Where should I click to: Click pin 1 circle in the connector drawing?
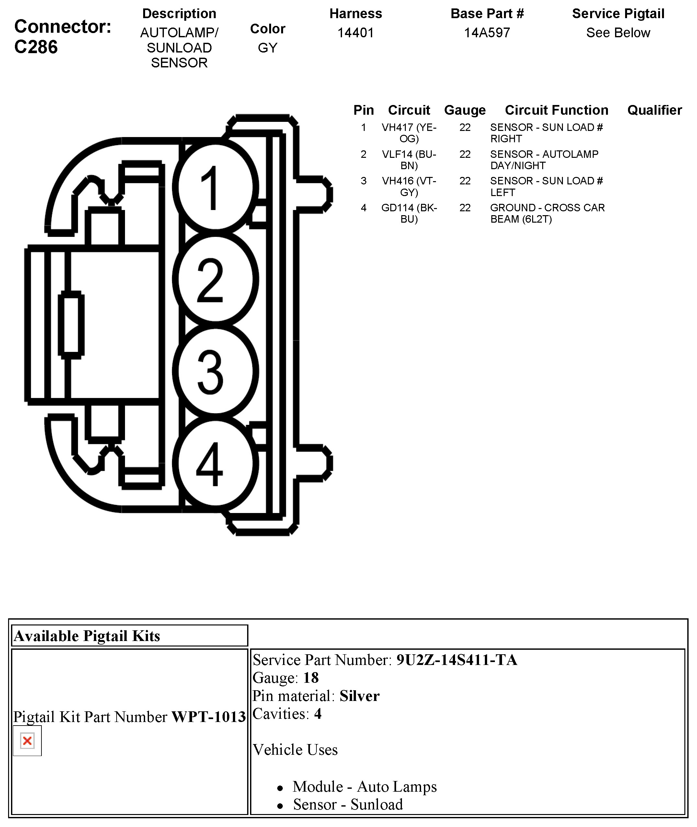[215, 187]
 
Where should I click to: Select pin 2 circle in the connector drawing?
[215, 279]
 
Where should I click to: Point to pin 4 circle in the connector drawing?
[215, 463]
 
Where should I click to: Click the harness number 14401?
[356, 33]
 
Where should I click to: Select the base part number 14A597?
[487, 33]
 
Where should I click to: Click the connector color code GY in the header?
[268, 48]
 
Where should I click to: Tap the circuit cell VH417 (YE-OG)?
[409, 133]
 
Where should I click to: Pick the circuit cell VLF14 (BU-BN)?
[409, 160]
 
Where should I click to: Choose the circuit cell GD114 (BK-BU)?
[409, 213]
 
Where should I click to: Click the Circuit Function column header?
[556, 110]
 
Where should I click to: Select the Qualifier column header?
[654, 110]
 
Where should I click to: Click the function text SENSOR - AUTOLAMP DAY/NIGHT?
[544, 160]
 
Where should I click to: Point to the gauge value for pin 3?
[465, 181]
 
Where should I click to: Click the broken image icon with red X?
[27, 740]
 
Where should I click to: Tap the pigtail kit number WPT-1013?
[209, 717]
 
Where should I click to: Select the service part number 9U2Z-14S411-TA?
[456, 660]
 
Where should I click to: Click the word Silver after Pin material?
[359, 696]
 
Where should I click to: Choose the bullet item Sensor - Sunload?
[348, 804]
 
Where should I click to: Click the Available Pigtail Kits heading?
[87, 636]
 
